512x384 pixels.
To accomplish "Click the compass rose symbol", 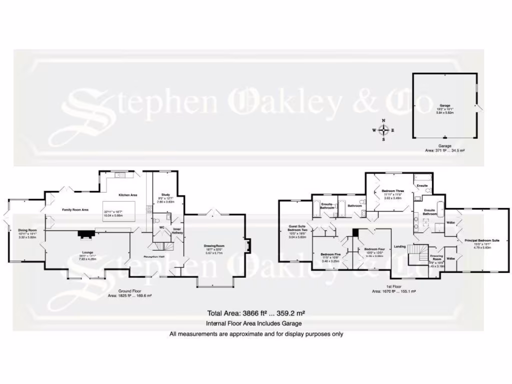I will coord(383,130).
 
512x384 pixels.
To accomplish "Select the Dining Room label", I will coord(28,230).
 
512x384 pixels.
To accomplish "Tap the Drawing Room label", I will coord(213,246).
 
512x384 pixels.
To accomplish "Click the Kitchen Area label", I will coord(127,195).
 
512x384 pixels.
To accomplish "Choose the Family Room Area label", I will coord(75,210).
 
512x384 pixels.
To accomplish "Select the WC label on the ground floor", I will coord(161,227).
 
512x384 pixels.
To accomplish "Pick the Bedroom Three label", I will coord(392,191).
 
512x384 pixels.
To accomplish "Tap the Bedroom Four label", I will coord(374,249).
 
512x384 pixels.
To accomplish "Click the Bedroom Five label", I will coord(330,254).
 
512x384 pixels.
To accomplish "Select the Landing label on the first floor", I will coord(399,246).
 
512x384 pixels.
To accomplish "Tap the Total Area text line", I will coord(256,313).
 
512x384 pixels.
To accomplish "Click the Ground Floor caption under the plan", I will coord(129,290).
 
